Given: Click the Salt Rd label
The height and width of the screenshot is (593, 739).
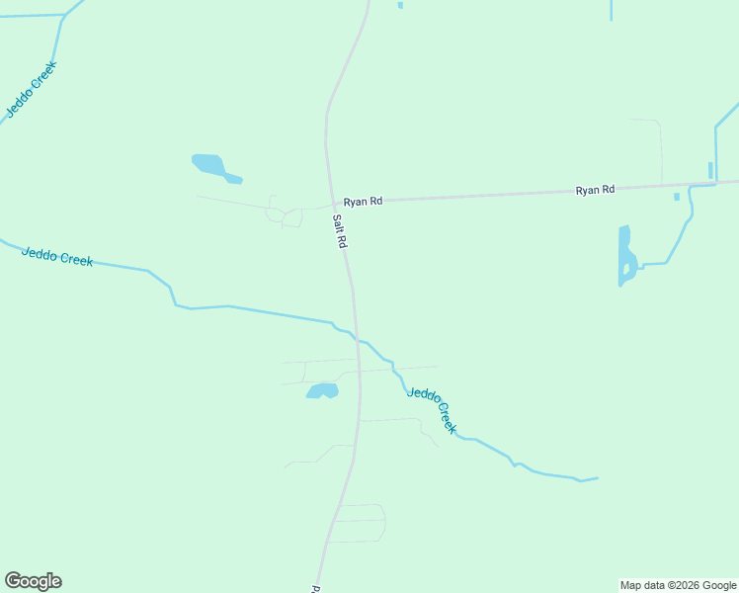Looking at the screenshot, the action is click(x=339, y=231).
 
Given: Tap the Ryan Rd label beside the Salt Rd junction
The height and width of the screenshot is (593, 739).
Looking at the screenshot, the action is click(x=363, y=201).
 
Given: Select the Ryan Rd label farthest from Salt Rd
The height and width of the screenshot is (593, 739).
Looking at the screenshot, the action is click(x=595, y=189).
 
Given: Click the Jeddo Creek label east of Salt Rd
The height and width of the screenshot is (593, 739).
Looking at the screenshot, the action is click(x=433, y=408).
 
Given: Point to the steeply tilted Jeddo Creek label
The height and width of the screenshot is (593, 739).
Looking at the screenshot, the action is click(x=32, y=90).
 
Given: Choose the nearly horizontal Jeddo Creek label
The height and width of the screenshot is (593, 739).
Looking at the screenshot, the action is click(x=57, y=257).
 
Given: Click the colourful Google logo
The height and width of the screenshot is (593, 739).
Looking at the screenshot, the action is click(x=34, y=581).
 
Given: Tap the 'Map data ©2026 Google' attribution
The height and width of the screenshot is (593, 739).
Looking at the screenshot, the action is click(x=679, y=585).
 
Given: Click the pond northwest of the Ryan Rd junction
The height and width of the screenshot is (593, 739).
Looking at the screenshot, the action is click(x=210, y=165).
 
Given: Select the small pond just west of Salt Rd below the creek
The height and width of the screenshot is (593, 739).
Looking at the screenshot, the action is click(x=322, y=391).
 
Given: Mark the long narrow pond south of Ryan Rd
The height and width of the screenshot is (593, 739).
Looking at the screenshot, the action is click(x=625, y=255).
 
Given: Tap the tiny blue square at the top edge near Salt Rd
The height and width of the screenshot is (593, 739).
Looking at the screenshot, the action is click(x=400, y=5).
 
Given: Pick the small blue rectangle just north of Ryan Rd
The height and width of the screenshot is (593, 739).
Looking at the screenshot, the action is click(x=709, y=170).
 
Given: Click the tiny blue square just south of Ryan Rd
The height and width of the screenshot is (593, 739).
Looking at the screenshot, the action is click(x=677, y=197).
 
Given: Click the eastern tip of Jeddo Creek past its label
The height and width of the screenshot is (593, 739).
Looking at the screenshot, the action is click(x=597, y=478).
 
